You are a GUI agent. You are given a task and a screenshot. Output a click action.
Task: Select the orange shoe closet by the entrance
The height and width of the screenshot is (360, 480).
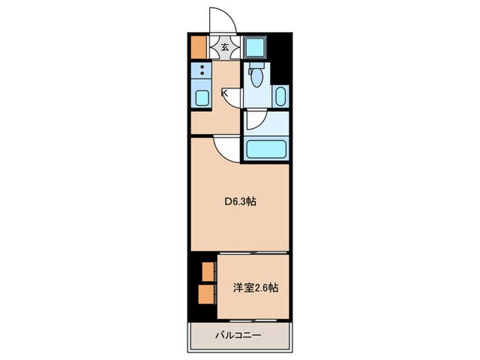click(198, 46)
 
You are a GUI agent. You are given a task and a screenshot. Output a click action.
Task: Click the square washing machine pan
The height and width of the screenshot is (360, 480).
click(254, 46)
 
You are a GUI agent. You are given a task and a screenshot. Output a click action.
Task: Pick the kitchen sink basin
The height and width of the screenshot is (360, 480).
click(202, 97)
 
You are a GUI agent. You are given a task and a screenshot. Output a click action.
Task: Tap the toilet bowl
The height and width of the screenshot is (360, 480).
click(256, 78)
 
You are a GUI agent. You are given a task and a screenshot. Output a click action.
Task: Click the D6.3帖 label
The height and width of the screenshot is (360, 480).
click(241, 203)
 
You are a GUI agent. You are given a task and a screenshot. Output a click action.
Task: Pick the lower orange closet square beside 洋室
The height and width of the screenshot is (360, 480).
click(206, 295)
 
